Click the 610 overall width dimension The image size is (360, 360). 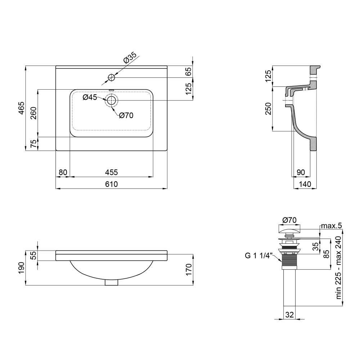point(112,184)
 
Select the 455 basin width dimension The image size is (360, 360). point(112,172)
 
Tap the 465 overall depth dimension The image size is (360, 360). point(21,108)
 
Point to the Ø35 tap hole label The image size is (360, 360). point(130,58)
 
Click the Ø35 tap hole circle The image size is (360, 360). point(112,77)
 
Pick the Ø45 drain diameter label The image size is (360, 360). point(90,97)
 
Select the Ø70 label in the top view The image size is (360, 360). point(126,115)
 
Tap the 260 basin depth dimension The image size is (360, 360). point(33,113)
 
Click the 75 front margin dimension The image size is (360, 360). point(33,144)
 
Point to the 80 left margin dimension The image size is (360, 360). point(63,172)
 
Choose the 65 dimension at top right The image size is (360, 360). point(188,71)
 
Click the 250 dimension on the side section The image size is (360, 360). point(268,109)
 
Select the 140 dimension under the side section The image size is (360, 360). point(305,184)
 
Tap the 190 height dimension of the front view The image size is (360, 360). point(21,268)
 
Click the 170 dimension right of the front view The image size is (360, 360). point(188,270)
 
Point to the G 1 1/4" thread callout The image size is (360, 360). point(258,256)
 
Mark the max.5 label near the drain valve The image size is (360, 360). point(332,226)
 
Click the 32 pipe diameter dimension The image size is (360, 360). point(289,315)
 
